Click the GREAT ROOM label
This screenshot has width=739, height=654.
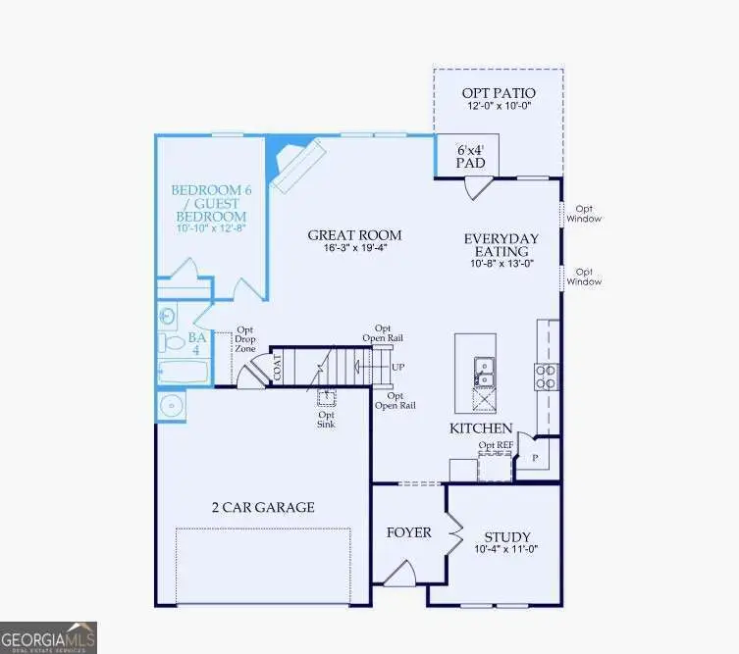[x=354, y=235]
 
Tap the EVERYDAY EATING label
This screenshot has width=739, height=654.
[x=501, y=245]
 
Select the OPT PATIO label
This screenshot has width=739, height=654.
[x=499, y=94]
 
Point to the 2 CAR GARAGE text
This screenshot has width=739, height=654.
[x=263, y=507]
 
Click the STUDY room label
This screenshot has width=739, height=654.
[x=507, y=537]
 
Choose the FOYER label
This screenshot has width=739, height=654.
[x=408, y=532]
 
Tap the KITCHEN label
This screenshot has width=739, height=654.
[x=481, y=428]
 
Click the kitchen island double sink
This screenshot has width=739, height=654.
[x=484, y=370]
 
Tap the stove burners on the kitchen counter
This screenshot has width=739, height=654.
[x=546, y=377]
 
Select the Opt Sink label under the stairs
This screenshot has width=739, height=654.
[x=326, y=420]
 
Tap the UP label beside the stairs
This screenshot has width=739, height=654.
[x=397, y=368]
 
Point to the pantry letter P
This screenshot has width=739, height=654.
[x=536, y=456]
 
